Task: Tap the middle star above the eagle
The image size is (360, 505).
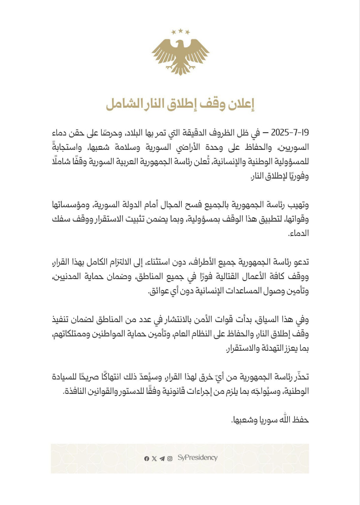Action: click(x=180, y=30)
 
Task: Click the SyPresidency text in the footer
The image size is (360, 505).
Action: click(x=197, y=458)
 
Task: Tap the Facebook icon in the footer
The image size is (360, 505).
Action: click(x=147, y=458)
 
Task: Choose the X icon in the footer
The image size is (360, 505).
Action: click(x=154, y=458)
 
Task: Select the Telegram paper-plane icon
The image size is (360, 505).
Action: click(x=162, y=458)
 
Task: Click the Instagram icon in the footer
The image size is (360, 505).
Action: click(x=170, y=458)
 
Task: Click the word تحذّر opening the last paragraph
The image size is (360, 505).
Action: click(x=301, y=376)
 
